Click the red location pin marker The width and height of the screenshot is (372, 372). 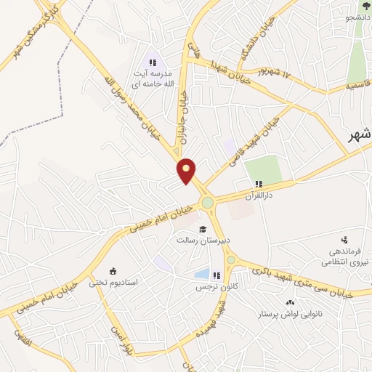click(187, 171)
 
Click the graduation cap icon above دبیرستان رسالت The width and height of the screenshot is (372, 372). click(193, 230)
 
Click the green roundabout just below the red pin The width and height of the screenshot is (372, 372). click(208, 203)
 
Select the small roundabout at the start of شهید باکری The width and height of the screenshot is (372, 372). click(231, 259)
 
